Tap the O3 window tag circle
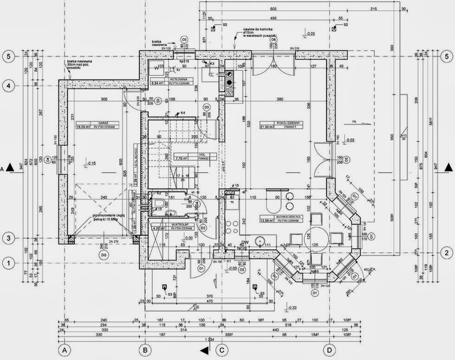coord(184,39)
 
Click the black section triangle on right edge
coord(448,167)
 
